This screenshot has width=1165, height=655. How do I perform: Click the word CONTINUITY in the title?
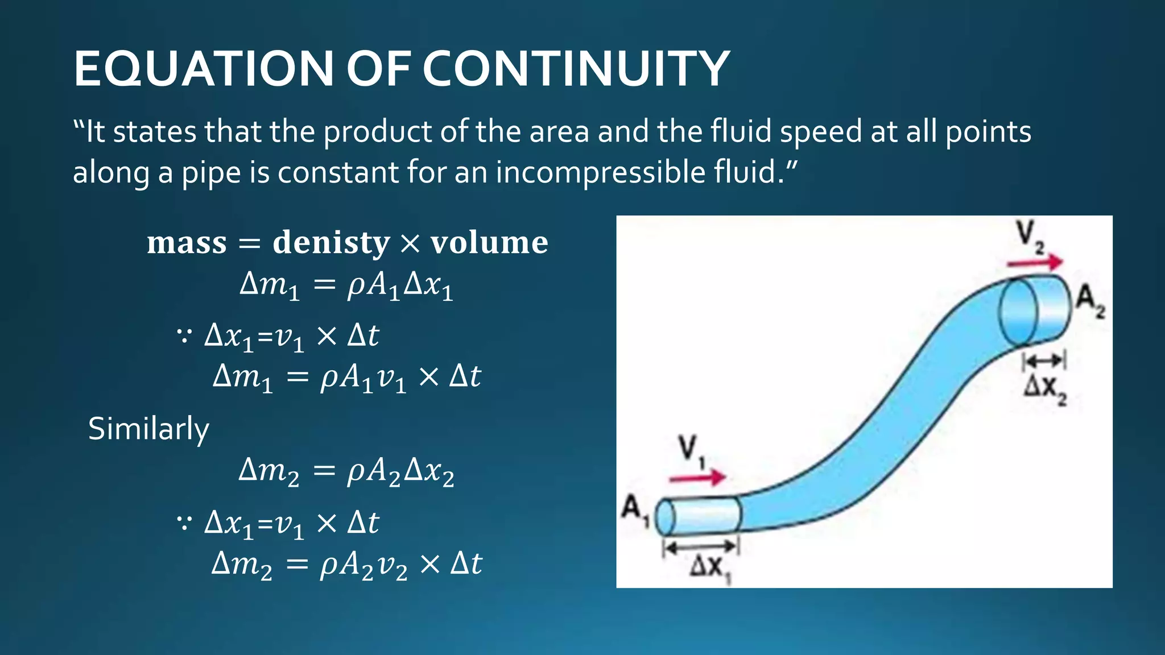click(576, 69)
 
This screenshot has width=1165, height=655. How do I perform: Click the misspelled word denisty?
click(331, 243)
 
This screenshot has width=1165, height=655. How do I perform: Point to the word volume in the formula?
click(489, 243)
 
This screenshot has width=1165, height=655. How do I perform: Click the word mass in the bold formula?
click(187, 243)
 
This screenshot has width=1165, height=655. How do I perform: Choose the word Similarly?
click(148, 429)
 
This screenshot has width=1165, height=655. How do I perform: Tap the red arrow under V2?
click(1034, 262)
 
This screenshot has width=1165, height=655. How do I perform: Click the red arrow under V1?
click(697, 477)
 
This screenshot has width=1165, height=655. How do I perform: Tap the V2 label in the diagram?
click(1030, 236)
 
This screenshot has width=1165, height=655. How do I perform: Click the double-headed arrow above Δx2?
click(1044, 360)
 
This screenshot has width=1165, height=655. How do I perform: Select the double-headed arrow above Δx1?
click(701, 548)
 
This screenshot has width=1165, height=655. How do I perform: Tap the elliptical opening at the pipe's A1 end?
click(665, 517)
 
